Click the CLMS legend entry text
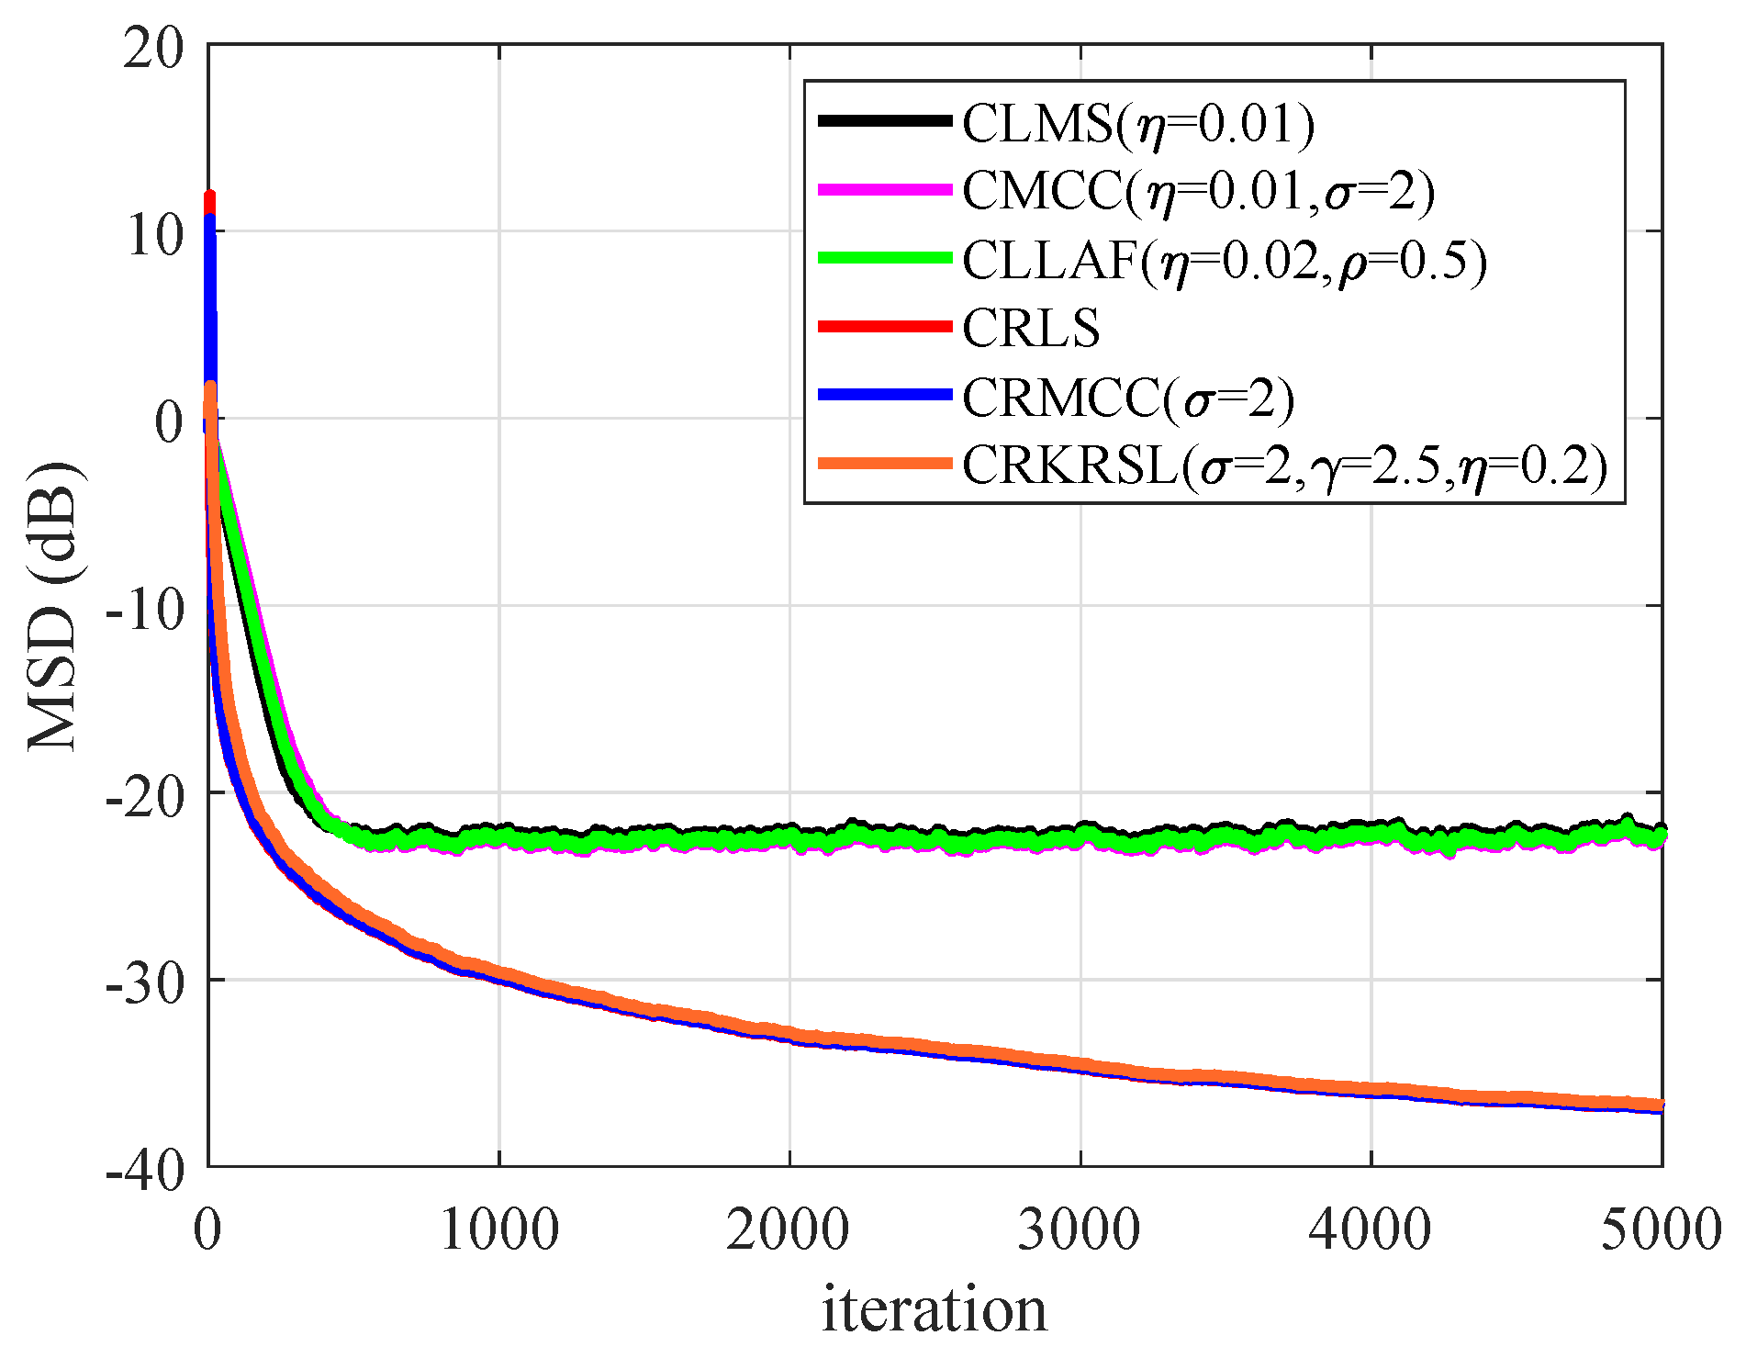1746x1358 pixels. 1138,123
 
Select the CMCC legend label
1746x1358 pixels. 1198,192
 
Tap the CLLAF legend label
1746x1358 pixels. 1224,261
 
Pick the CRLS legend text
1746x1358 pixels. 1031,329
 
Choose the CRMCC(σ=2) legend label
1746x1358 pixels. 1128,398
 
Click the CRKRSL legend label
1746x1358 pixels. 1285,466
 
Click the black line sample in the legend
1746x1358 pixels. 884,120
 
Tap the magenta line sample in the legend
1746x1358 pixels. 884,189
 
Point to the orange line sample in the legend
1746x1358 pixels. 884,464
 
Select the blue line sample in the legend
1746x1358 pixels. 884,395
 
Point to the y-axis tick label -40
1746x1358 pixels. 144,1170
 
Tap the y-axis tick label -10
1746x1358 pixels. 144,609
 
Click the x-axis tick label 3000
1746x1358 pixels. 1080,1229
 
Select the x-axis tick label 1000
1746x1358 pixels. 499,1229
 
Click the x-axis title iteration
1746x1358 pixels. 934,1309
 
